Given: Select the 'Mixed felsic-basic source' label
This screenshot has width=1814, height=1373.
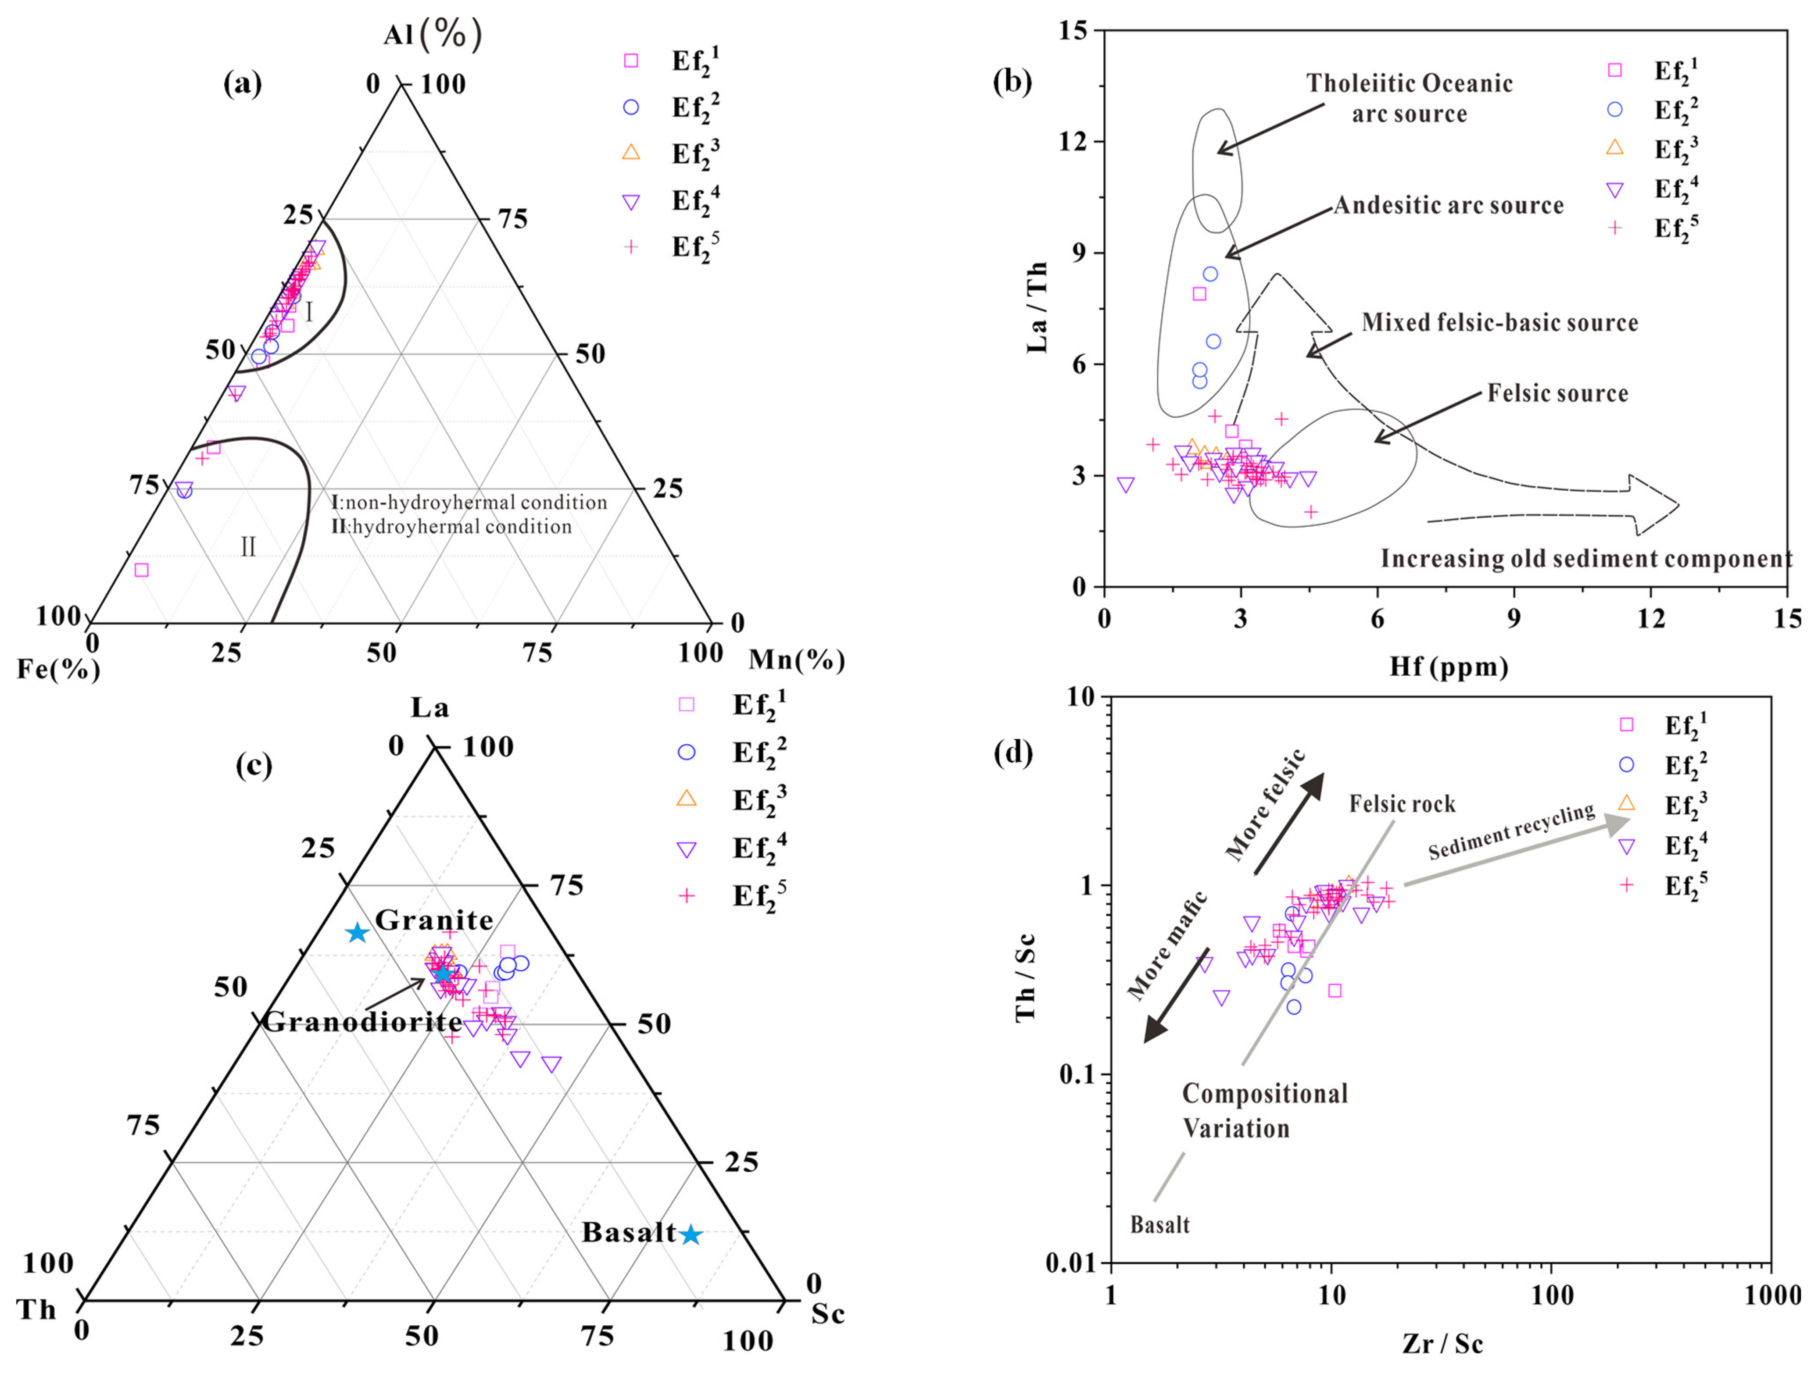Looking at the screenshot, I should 1499,322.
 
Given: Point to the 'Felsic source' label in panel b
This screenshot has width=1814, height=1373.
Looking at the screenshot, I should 1557,393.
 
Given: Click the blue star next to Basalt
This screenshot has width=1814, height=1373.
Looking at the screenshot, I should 691,1234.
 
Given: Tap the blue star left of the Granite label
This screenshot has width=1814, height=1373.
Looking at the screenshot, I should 357,933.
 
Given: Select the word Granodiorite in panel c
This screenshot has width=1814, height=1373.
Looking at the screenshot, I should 361,1022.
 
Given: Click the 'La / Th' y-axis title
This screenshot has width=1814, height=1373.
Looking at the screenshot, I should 1038,307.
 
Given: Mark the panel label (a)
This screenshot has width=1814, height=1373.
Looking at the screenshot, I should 243,84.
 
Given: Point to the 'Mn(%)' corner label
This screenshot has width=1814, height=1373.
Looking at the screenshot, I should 796,660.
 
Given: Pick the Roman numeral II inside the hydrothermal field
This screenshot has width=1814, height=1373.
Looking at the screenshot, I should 248,547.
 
